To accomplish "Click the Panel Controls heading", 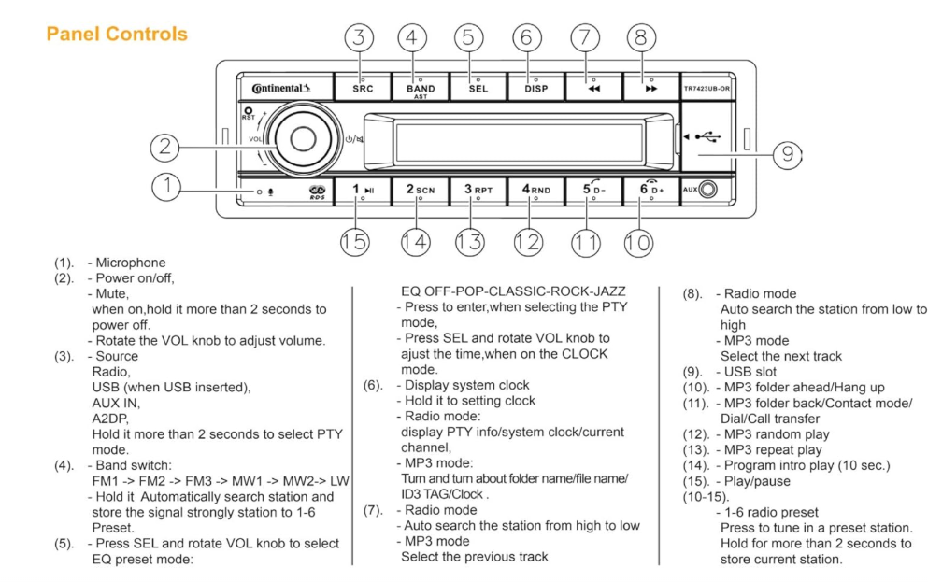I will [x=116, y=35].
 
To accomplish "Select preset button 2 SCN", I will [x=421, y=190].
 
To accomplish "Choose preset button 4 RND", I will [x=535, y=190].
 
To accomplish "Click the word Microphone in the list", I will [x=133, y=263].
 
